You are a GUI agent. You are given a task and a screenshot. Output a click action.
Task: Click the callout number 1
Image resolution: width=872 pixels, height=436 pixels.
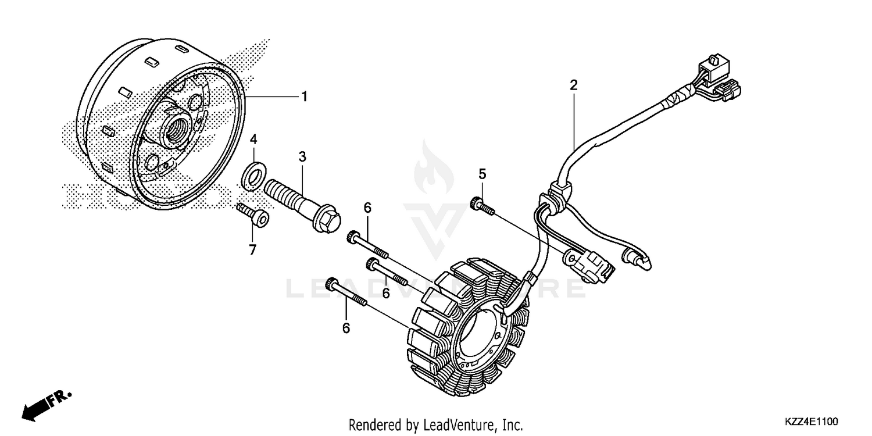[x=303, y=97]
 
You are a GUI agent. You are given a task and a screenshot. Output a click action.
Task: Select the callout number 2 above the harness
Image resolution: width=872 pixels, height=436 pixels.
[x=573, y=85]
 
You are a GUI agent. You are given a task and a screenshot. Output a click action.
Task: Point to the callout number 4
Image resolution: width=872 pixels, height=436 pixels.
[x=253, y=140]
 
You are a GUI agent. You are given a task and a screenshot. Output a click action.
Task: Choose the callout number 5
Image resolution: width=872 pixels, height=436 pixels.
[x=482, y=174]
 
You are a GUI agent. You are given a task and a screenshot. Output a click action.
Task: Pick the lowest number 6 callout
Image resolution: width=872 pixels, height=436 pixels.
[x=346, y=328]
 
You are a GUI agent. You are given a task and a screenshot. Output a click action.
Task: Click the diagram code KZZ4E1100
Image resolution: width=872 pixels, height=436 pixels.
[x=811, y=420]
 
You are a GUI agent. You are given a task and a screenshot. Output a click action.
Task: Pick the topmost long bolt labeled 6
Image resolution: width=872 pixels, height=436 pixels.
[x=369, y=244]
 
